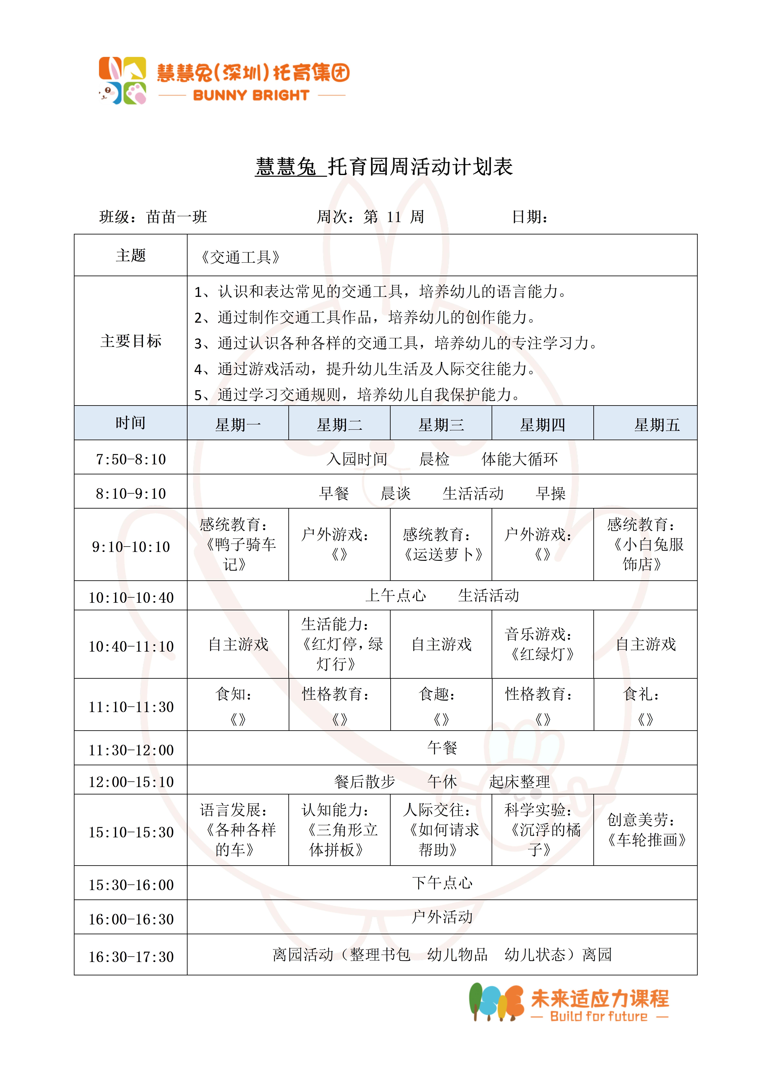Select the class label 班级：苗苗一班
click(153, 217)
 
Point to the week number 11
click(394, 217)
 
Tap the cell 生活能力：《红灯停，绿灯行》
click(339, 644)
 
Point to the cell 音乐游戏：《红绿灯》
click(542, 644)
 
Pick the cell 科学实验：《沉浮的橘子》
click(542, 830)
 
